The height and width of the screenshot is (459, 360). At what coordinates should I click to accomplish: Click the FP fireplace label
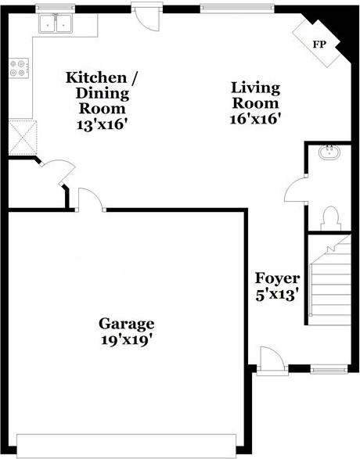[x=319, y=44]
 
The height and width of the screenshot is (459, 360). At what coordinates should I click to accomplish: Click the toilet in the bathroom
[x=329, y=217]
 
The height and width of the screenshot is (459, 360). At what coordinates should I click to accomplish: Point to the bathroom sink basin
[x=329, y=152]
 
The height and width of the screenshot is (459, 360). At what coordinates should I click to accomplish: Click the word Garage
[x=126, y=324]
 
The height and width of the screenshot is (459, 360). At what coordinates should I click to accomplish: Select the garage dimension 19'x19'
[x=125, y=340]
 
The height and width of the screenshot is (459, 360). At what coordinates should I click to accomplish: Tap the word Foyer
[x=275, y=278]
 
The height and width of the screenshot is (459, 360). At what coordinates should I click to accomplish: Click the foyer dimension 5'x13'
[x=276, y=296]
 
